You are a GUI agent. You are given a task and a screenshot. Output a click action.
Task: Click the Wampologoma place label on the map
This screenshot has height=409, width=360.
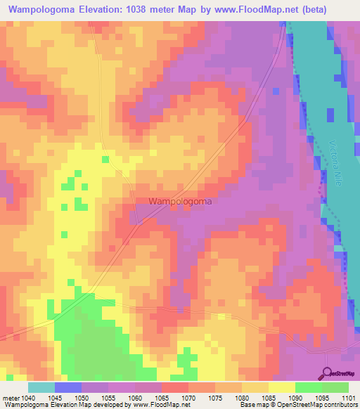[181, 201]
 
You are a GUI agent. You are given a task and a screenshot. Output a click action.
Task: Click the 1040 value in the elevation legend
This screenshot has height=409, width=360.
[29, 397]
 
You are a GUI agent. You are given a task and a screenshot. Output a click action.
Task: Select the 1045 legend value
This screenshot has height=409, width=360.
[56, 397]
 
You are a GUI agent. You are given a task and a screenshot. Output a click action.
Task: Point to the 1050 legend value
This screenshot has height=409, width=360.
[82, 397]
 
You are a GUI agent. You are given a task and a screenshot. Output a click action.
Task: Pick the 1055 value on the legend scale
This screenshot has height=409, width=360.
[109, 397]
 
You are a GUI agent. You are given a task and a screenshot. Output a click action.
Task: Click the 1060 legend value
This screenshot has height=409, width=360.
[136, 397]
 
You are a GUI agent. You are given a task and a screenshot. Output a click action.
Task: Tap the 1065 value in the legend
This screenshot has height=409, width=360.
[162, 397]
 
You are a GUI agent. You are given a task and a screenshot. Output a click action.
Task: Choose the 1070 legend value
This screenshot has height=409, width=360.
[189, 397]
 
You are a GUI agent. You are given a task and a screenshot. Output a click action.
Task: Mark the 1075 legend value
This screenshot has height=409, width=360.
[216, 397]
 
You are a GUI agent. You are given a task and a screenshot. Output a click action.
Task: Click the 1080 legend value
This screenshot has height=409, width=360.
[243, 397]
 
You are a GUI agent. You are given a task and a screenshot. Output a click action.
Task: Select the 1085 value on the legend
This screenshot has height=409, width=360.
[269, 397]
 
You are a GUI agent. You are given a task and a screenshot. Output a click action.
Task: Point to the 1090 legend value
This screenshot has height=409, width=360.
[296, 397]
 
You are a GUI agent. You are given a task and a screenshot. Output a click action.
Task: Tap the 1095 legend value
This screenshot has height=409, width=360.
[323, 397]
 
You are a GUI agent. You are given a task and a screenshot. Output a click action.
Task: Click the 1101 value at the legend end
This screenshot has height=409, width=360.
[347, 397]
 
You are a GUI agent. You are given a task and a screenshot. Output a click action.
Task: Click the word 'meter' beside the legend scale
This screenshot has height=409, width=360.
[11, 397]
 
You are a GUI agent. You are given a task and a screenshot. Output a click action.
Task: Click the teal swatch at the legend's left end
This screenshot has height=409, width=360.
[41, 387]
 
